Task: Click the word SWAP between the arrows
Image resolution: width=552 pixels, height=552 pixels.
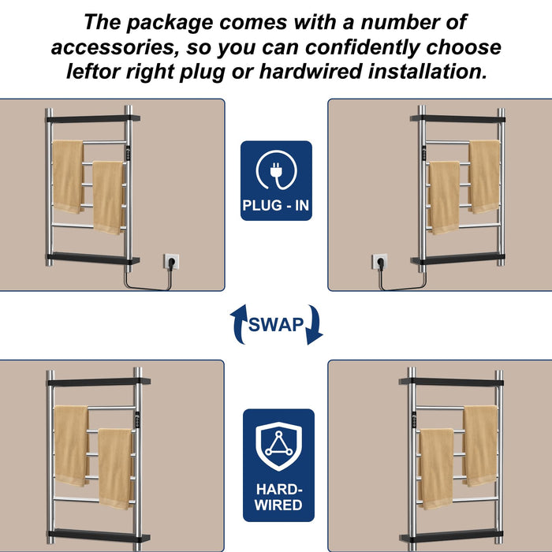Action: [x=276, y=325]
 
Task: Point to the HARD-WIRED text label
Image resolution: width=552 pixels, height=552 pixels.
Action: [x=278, y=495]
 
